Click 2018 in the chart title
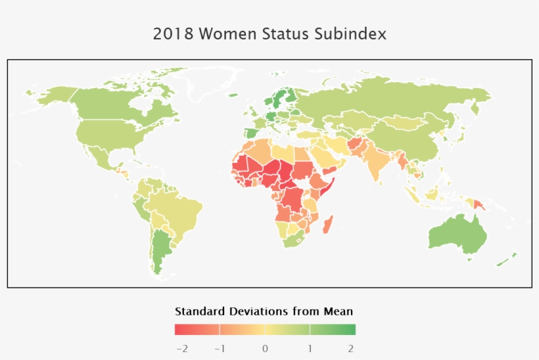click(174, 34)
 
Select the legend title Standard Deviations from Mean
click(264, 311)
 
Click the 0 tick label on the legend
click(265, 348)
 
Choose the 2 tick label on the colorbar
click(351, 348)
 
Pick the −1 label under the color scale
click(221, 348)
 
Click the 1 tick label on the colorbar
click(310, 348)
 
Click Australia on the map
click(457, 233)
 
